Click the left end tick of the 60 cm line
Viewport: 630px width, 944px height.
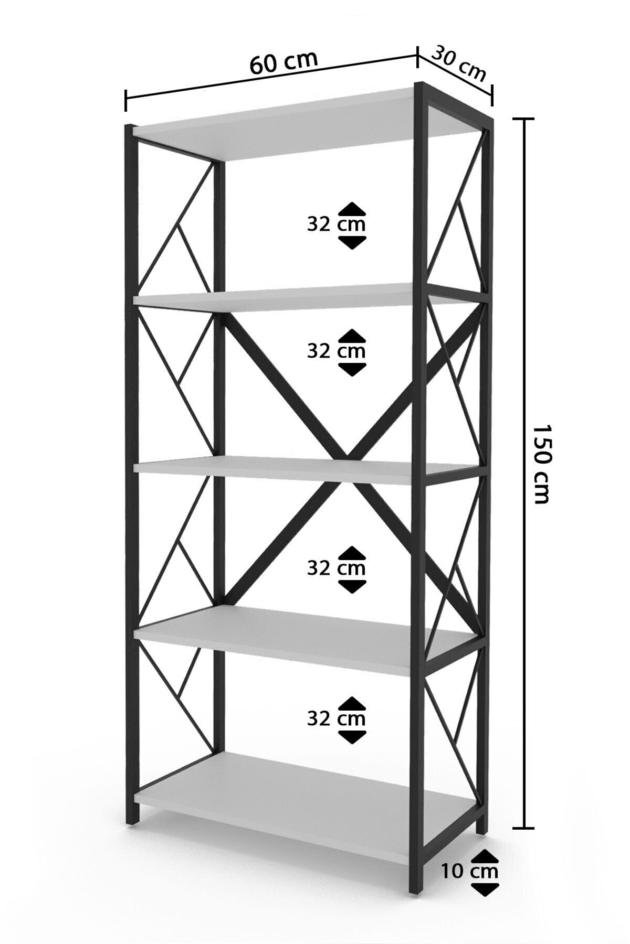point(125,100)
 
